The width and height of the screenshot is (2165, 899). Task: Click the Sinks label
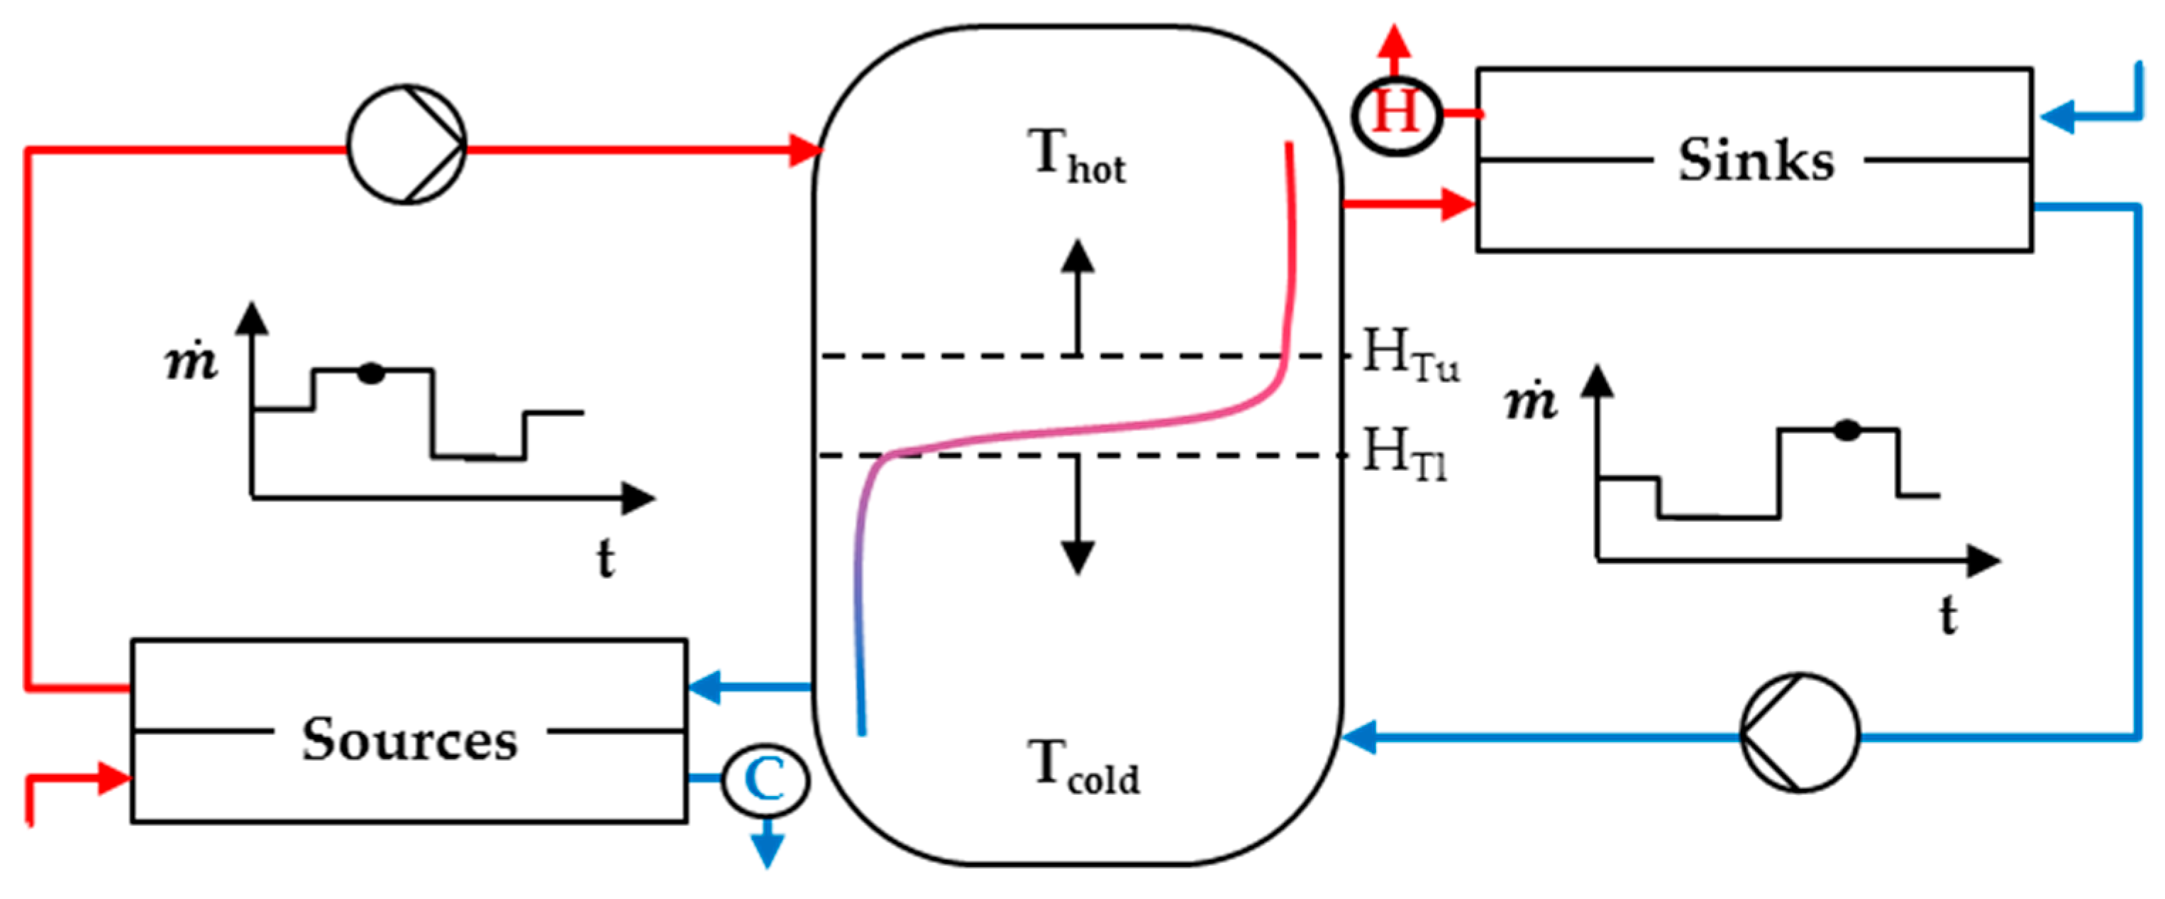(1756, 160)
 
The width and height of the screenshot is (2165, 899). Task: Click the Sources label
(409, 740)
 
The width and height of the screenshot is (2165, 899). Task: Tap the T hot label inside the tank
(1076, 156)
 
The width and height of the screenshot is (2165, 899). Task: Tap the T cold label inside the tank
(1082, 767)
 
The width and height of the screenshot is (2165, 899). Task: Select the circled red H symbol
(1396, 114)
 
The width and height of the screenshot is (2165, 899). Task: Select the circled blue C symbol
(765, 780)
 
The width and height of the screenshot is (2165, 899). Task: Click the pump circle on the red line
(406, 144)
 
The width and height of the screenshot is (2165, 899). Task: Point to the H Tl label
(1404, 454)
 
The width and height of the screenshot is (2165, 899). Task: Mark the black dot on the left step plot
(370, 373)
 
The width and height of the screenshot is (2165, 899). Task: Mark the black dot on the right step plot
(1846, 430)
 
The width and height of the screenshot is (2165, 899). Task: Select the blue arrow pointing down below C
(767, 848)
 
